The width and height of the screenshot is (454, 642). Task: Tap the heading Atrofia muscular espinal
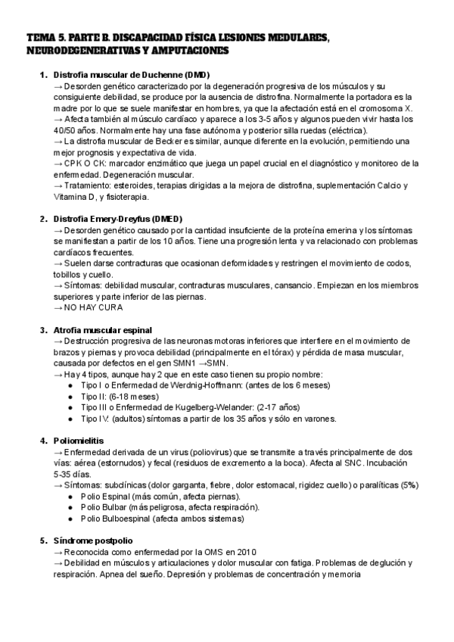pyautogui.click(x=102, y=330)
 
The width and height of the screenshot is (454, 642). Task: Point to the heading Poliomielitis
pyautogui.click(x=79, y=441)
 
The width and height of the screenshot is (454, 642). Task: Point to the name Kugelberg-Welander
pyautogui.click(x=212, y=407)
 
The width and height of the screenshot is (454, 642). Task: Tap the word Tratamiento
pyautogui.click(x=92, y=185)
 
